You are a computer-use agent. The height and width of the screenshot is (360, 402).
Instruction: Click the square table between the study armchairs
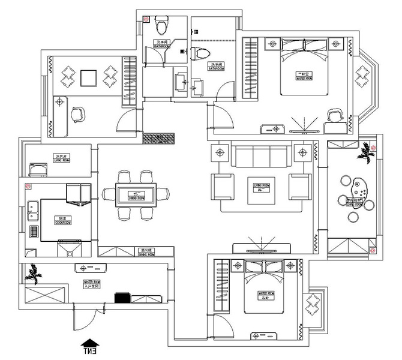89,78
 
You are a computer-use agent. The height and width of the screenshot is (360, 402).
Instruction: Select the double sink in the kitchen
32,214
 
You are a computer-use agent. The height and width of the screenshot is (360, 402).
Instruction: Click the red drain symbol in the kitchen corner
28,187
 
